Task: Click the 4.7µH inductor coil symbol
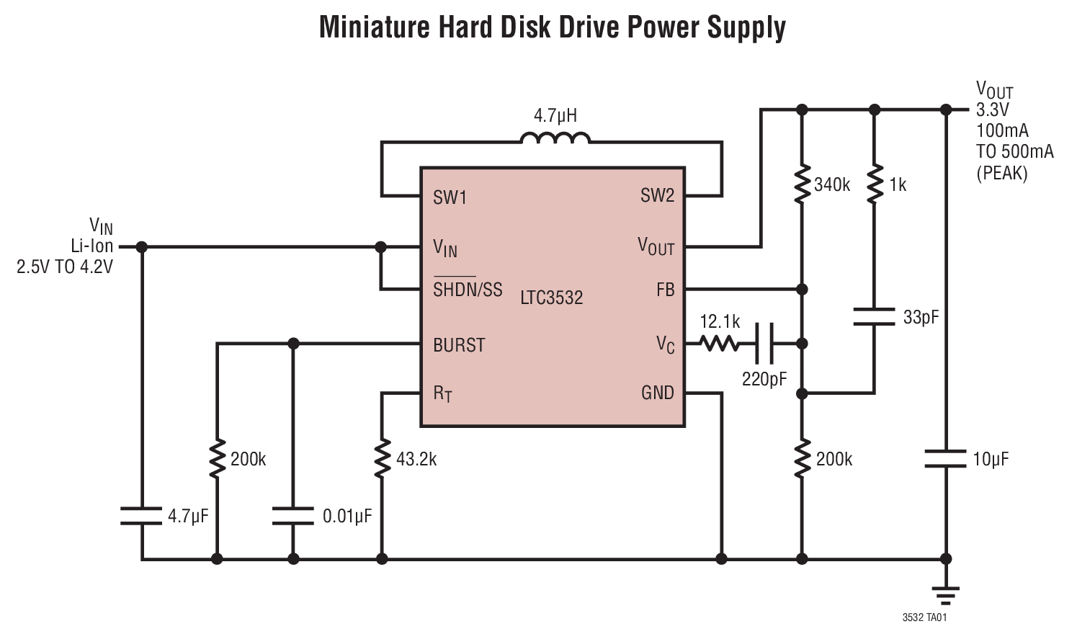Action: click(x=555, y=138)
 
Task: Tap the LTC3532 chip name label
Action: click(x=551, y=298)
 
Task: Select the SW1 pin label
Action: click(x=450, y=197)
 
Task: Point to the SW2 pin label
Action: click(x=657, y=195)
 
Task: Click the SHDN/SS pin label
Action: click(x=468, y=290)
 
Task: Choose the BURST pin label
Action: click(x=459, y=345)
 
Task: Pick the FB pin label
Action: click(x=665, y=290)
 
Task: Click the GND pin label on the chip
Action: click(x=657, y=393)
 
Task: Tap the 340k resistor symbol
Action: click(x=802, y=185)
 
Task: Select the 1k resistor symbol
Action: click(x=875, y=185)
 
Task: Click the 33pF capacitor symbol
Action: click(x=875, y=316)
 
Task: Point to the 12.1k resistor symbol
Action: click(x=720, y=344)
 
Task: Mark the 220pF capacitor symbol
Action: click(x=764, y=344)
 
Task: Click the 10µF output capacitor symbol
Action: click(x=945, y=459)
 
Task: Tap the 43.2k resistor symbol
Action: click(x=382, y=459)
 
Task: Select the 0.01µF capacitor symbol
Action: click(x=293, y=516)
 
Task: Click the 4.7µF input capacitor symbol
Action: click(x=142, y=516)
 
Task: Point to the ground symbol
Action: click(x=945, y=594)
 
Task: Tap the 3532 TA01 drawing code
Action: click(x=924, y=618)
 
